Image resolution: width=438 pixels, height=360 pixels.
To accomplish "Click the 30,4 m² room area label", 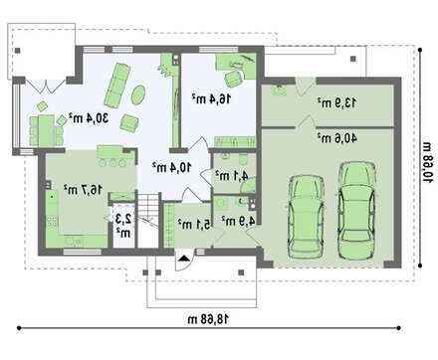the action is (89, 118).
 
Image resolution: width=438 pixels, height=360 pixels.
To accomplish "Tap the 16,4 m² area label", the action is (212, 98).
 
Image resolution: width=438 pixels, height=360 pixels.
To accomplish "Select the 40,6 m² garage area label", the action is (337, 138).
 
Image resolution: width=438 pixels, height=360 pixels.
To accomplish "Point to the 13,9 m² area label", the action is (337, 102).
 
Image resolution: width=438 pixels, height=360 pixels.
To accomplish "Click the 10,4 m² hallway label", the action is (172, 167).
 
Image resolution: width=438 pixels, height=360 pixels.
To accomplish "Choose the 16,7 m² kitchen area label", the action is (83, 190).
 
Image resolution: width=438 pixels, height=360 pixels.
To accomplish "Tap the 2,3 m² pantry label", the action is (123, 226).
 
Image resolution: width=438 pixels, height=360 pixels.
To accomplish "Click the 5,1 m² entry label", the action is (194, 225).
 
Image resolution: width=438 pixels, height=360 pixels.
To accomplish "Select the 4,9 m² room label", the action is (238, 221).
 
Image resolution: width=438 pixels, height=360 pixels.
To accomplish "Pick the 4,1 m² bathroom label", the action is (232, 175).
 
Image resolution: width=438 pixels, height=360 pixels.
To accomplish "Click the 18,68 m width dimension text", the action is (208, 319).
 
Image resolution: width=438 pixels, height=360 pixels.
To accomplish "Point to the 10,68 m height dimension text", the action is (428, 162).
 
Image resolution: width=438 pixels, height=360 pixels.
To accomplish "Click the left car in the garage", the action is (306, 216).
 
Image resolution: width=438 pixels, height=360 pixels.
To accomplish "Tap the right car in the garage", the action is (356, 210).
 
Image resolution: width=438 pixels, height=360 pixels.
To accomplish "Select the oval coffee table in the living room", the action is (138, 95).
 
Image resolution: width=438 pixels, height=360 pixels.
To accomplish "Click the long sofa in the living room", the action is (117, 86).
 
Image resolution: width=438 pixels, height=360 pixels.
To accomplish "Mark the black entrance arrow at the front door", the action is (182, 259).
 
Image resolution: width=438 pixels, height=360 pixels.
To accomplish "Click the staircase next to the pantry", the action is (148, 220).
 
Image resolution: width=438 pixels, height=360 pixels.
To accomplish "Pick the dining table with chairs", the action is (46, 130).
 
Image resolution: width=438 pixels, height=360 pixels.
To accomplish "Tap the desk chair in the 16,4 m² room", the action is (234, 79).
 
